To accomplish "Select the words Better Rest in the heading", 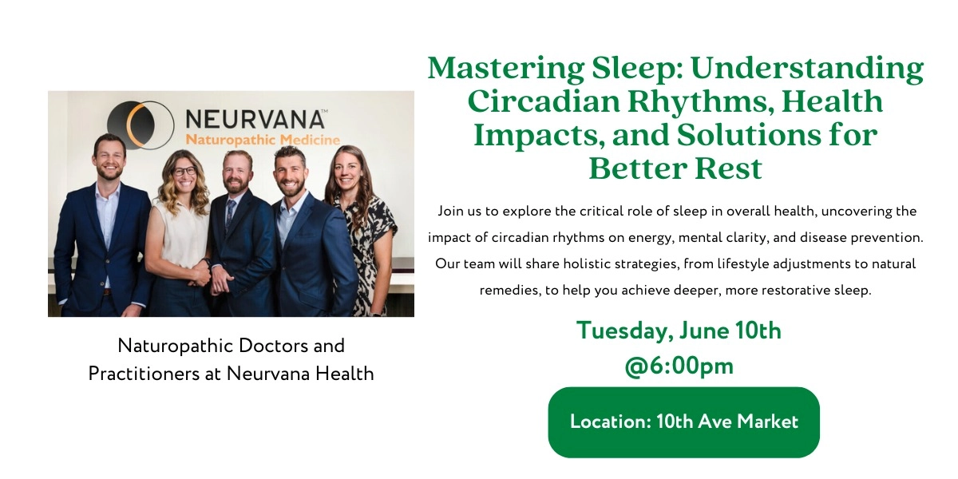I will tap(675, 168).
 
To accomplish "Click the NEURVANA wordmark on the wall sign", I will tap(255, 120).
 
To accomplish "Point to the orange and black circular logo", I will tap(141, 125).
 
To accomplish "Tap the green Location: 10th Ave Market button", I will tap(683, 422).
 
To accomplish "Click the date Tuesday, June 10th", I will tap(679, 331).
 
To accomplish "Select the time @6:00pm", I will tap(679, 366).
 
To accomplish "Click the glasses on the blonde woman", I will tap(184, 171).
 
